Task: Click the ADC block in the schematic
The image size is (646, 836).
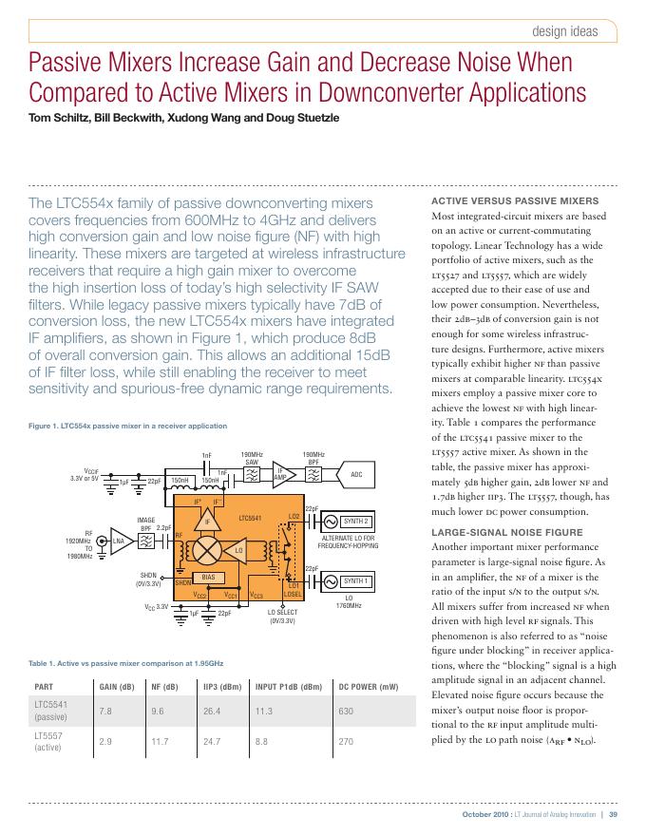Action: point(356,474)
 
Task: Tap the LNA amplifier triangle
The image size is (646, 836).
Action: point(119,541)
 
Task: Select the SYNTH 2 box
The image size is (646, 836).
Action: point(354,522)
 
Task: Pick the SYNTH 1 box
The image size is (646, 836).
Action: point(354,580)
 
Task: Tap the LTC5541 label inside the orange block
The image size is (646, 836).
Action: point(250,519)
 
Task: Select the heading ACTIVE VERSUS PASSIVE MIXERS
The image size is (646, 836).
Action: point(502,201)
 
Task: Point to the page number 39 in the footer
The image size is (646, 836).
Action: point(614,814)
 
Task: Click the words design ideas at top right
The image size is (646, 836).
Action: point(566,30)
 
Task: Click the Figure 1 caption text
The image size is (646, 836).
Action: point(128,426)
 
